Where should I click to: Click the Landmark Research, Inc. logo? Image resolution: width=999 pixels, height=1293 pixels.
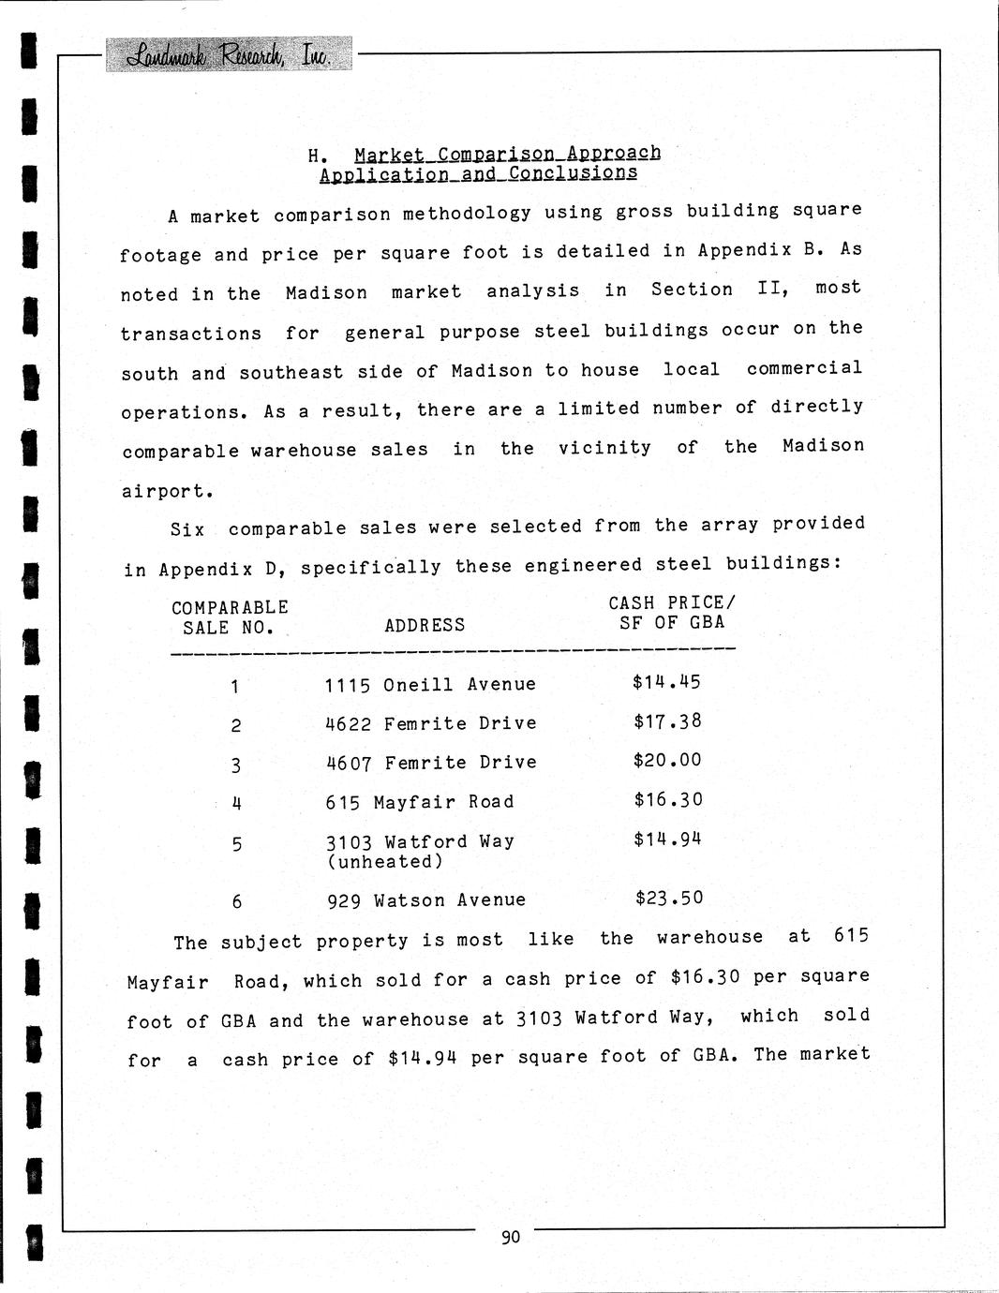230,54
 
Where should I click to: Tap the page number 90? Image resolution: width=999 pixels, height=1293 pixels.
511,1237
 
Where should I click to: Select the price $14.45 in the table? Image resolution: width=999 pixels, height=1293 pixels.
666,682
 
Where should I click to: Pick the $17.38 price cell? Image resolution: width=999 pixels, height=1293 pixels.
667,721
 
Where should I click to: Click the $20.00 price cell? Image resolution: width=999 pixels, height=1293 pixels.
667,760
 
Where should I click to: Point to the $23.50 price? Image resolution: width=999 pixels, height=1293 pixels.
669,898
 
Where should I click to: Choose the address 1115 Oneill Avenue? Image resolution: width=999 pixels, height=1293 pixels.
430,685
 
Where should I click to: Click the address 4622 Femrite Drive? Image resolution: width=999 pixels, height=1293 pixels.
431,724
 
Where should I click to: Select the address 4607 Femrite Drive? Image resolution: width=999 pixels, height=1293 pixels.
431,763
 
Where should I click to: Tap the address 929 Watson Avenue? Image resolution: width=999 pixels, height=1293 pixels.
426,900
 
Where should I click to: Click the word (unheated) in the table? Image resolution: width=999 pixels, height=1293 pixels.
384,862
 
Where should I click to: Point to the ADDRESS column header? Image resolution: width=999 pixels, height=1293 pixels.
425,625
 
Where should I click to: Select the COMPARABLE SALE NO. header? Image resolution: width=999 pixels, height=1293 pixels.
230,617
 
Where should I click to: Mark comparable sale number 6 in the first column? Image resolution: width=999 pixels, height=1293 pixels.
237,901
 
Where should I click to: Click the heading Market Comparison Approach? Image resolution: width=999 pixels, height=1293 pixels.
507,153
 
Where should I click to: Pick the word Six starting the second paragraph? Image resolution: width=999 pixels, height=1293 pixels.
187,529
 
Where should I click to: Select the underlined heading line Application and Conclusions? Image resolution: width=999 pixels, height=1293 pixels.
478,174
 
